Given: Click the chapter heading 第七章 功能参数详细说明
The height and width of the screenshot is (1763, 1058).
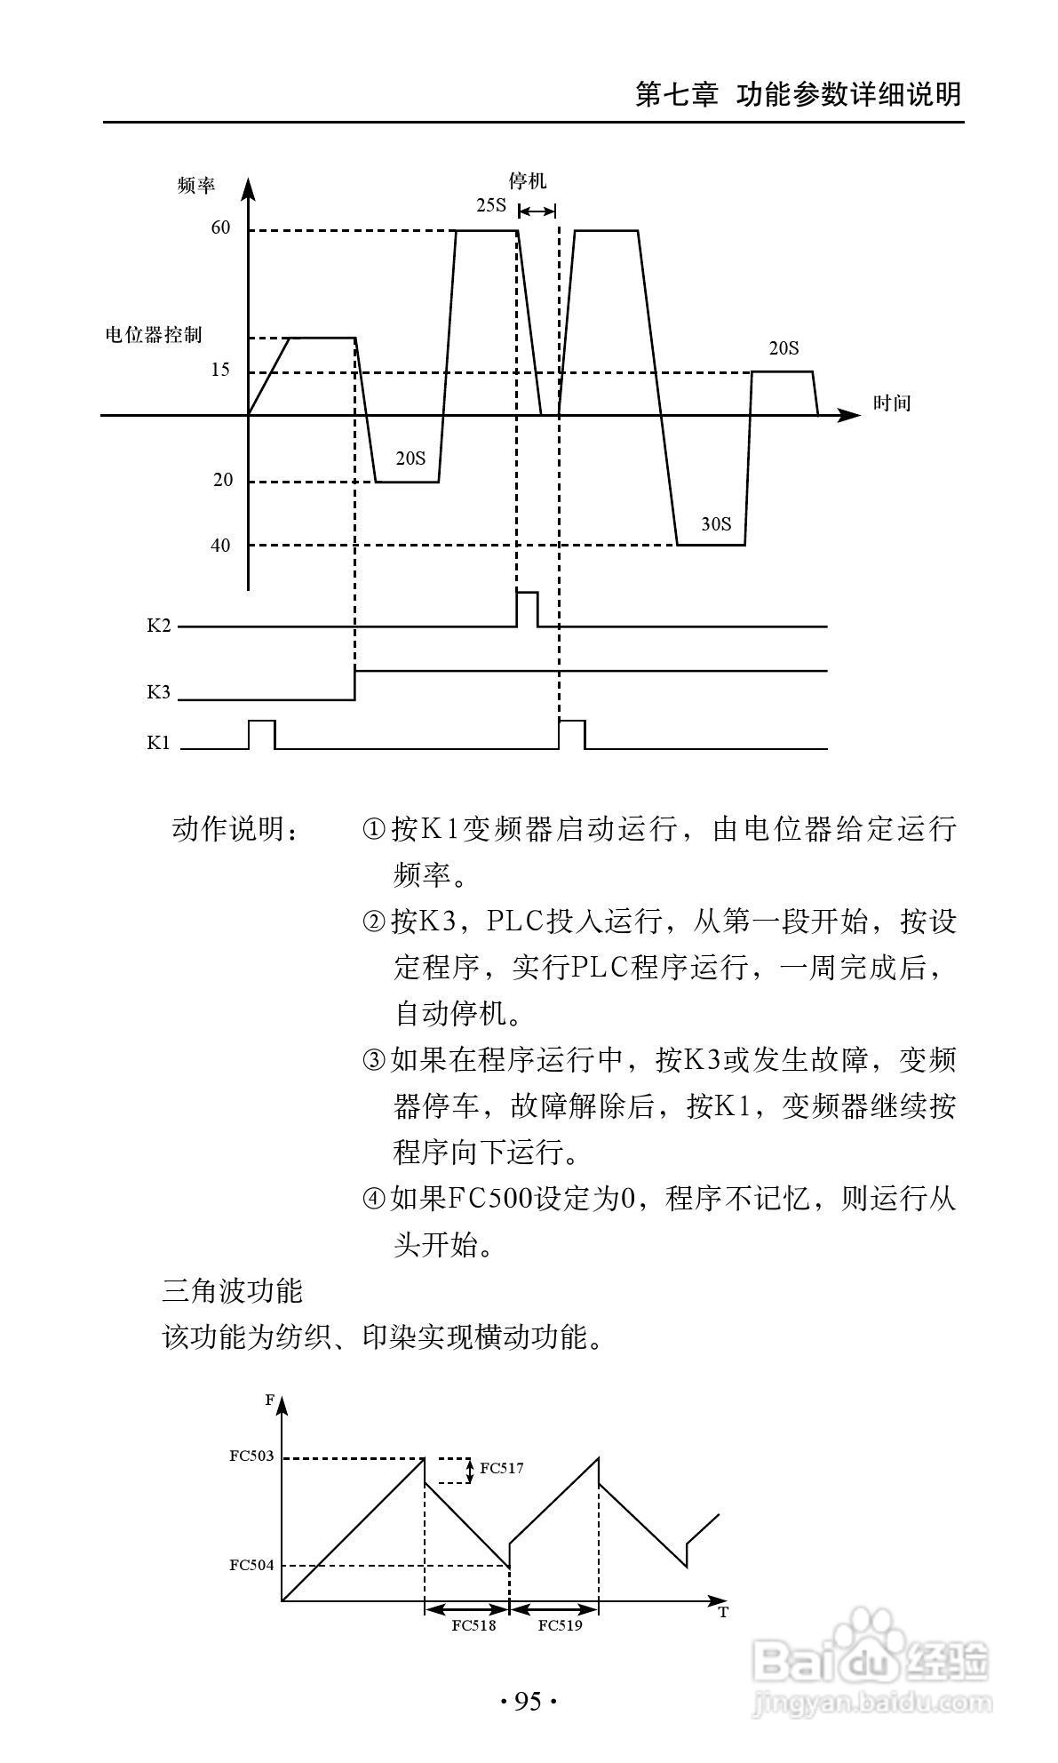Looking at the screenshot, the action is click(x=798, y=94).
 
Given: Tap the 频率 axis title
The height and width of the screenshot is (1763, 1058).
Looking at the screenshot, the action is click(x=195, y=186).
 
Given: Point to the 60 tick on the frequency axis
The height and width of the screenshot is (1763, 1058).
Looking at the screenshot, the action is click(x=220, y=228).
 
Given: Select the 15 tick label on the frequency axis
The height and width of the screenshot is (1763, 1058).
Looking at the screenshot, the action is click(x=220, y=370).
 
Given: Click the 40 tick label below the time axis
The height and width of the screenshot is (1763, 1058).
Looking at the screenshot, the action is click(x=220, y=546).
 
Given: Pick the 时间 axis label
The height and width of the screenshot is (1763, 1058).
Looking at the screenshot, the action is click(x=891, y=403).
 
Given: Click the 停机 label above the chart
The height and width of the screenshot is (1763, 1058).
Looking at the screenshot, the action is click(x=527, y=181).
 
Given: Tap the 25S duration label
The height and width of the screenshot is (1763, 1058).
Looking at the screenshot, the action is click(x=490, y=206).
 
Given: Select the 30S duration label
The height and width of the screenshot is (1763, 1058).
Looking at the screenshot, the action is click(x=716, y=524).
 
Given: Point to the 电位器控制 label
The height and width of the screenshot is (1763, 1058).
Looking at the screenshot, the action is click(x=154, y=335).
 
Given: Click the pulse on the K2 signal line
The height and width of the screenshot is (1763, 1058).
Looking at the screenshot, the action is click(x=527, y=607).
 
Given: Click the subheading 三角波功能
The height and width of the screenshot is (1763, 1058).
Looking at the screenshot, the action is click(x=233, y=1290).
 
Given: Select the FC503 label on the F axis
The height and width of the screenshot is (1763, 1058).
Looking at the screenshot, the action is click(x=251, y=1456).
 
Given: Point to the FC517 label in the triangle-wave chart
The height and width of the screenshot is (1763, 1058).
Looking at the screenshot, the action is click(x=502, y=1468).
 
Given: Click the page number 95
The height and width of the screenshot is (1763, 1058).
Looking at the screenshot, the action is click(x=528, y=1702).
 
